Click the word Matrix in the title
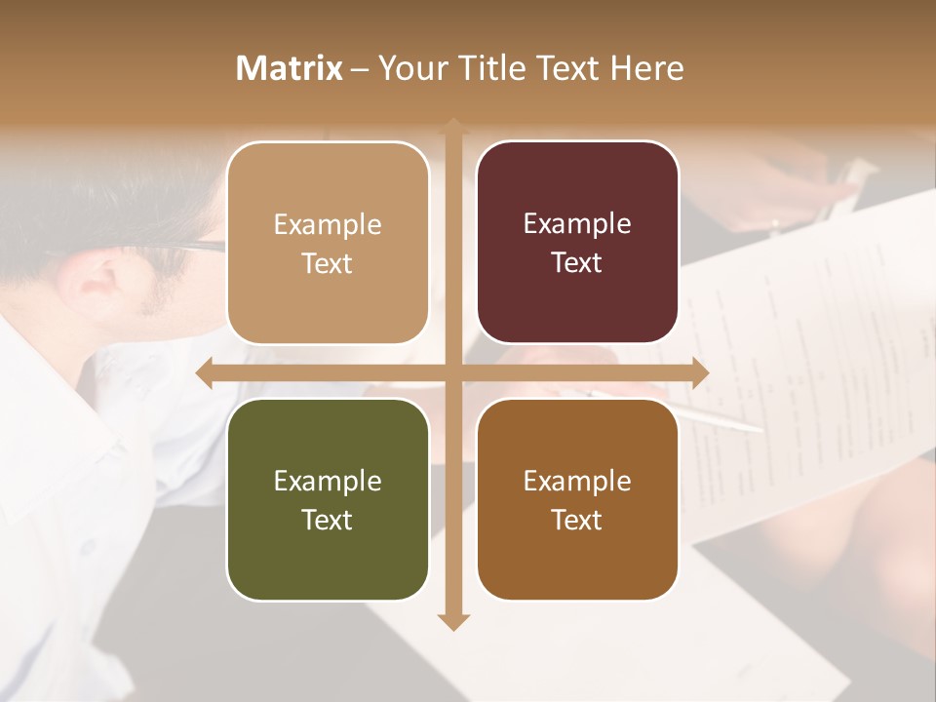click(x=290, y=68)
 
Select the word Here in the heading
click(x=646, y=68)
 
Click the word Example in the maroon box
click(x=577, y=224)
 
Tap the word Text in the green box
click(x=328, y=520)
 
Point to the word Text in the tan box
click(x=328, y=263)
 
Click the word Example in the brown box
click(x=577, y=481)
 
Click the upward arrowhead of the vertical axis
click(x=453, y=125)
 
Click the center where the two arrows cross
click(x=453, y=372)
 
